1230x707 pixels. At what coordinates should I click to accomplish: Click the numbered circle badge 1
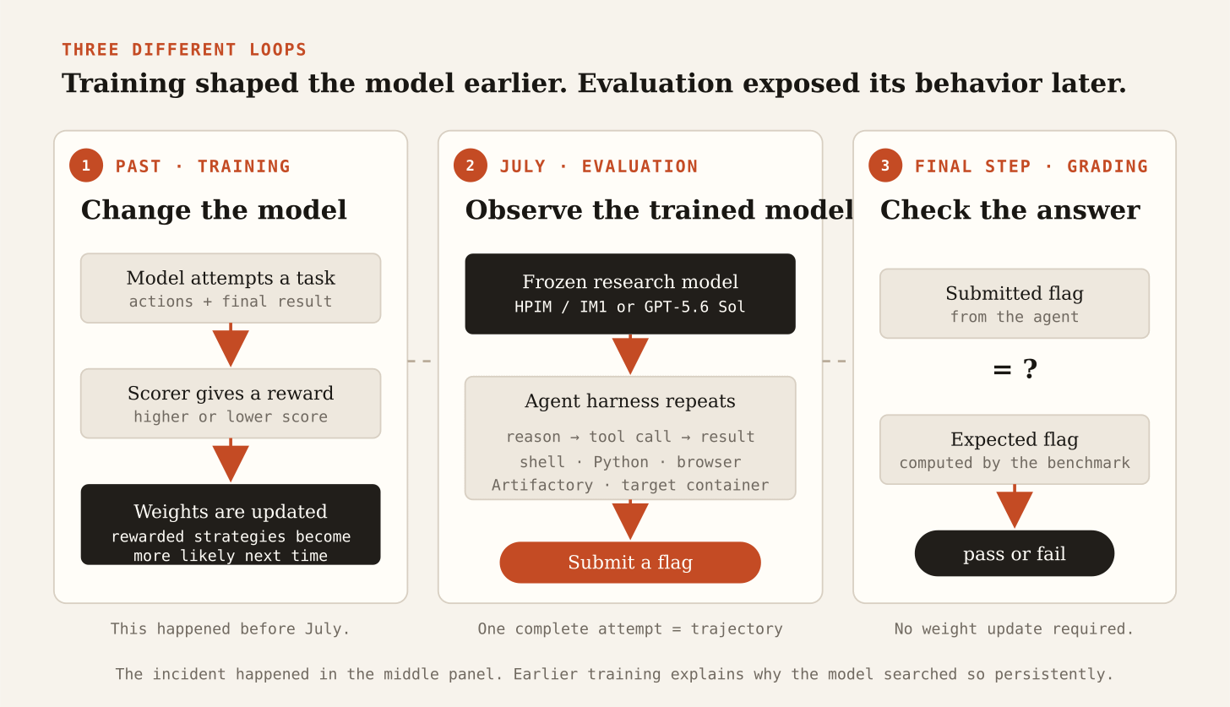tap(86, 166)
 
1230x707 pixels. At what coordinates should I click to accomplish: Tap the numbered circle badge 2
tap(471, 166)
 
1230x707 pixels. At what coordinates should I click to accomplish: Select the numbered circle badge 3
tap(885, 166)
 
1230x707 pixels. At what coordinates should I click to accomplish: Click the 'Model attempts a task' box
tap(231, 288)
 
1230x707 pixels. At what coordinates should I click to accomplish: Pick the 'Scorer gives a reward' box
tap(231, 404)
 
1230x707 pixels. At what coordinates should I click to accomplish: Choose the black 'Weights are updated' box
tap(231, 525)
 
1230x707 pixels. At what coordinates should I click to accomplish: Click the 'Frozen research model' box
tap(630, 294)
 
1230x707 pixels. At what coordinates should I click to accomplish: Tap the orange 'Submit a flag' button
tap(630, 562)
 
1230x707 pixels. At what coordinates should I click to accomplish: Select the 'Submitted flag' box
tap(1015, 303)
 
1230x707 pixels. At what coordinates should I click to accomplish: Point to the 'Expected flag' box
tap(1015, 449)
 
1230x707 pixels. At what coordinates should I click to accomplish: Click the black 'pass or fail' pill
tap(1015, 553)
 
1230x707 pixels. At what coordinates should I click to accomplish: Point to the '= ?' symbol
tap(1015, 369)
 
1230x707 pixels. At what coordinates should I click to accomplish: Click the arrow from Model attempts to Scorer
tap(231, 345)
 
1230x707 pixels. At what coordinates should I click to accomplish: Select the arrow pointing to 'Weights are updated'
tap(231, 460)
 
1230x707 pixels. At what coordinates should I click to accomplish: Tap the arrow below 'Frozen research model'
tap(630, 354)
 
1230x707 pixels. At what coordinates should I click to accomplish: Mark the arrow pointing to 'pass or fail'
tap(1015, 506)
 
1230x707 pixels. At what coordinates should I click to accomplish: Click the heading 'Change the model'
tap(215, 209)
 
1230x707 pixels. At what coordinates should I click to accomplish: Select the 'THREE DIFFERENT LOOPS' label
tap(184, 49)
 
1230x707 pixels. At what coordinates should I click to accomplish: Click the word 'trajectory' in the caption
tap(737, 628)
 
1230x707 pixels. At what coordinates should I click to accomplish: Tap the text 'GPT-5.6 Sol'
tap(694, 307)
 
